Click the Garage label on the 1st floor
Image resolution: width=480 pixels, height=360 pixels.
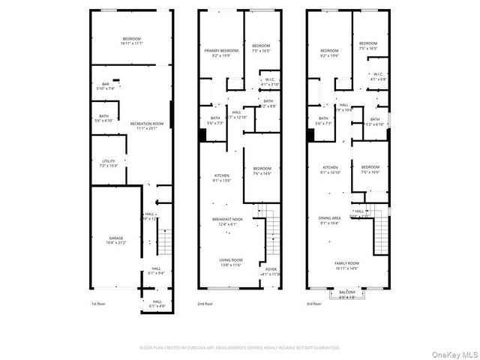(111, 238)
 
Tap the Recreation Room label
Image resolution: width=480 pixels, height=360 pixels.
(146, 123)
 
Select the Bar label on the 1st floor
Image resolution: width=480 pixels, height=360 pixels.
(106, 84)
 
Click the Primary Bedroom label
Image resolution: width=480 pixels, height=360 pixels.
(221, 50)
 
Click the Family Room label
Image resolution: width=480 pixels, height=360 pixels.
(346, 263)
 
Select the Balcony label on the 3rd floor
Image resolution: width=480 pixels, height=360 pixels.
(346, 292)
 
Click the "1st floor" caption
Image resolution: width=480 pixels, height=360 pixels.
(99, 304)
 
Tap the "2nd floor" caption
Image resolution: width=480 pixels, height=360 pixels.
(205, 304)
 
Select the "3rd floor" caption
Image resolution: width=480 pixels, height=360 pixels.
(313, 304)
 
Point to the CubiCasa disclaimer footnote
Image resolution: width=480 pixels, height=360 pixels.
(240, 348)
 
